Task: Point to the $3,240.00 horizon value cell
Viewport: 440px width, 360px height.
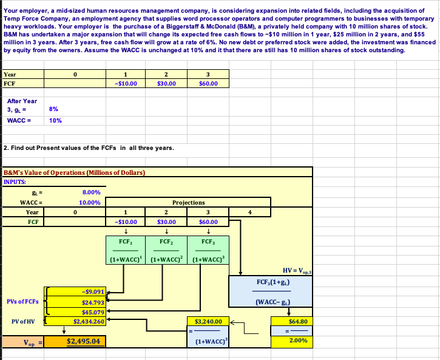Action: (x=208, y=321)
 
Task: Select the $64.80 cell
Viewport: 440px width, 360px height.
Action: (x=296, y=321)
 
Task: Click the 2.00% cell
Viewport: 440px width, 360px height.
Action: (x=296, y=341)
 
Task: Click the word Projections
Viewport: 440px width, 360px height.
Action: (x=189, y=202)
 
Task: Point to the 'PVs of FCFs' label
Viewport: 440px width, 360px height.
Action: (x=23, y=302)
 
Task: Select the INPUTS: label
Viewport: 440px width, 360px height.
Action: (x=16, y=181)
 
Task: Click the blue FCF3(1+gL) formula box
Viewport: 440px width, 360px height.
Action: (x=271, y=291)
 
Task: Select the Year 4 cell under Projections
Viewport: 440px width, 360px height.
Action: (x=249, y=212)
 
